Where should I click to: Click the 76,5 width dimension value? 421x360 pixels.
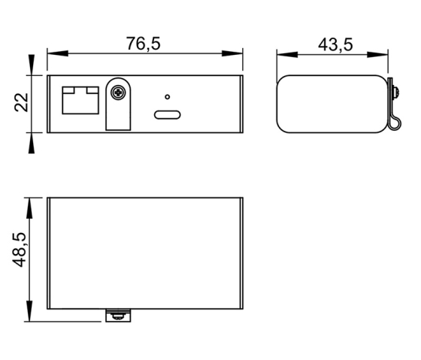[143, 44]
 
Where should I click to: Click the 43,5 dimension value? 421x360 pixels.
[335, 44]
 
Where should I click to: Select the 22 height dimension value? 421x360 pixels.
[22, 101]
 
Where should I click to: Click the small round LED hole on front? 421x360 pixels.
[168, 97]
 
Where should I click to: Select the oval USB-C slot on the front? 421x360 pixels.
[167, 115]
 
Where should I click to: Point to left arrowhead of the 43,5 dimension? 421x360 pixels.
[281, 53]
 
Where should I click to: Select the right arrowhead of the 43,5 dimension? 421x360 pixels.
[386, 53]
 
